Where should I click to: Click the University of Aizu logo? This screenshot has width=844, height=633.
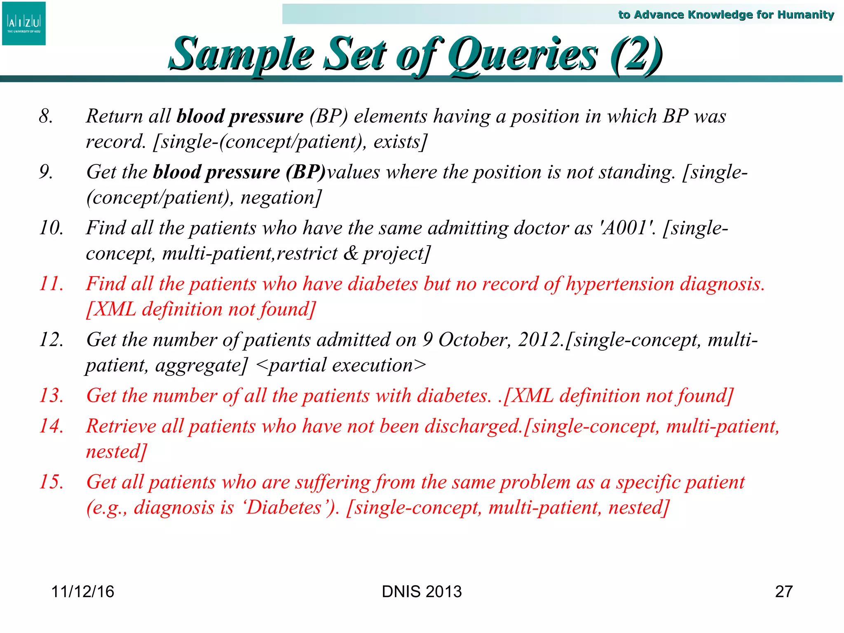click(x=24, y=23)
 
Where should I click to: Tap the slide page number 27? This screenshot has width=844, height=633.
click(x=783, y=591)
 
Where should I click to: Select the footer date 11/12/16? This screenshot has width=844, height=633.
click(x=82, y=591)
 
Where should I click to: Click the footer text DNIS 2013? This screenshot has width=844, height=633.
click(x=422, y=591)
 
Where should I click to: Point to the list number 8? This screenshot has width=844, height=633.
click(x=46, y=116)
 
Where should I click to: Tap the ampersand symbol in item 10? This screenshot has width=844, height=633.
click(x=351, y=253)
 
